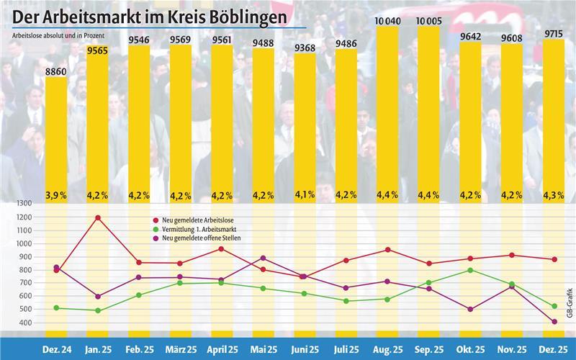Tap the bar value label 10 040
click(387, 22)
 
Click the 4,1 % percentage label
click(305, 194)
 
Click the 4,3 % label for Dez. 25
click(553, 194)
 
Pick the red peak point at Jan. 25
click(97, 217)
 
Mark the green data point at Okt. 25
click(470, 270)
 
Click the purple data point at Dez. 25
click(553, 322)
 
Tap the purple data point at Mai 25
click(263, 258)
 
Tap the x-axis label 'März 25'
click(180, 348)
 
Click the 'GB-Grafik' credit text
click(569, 302)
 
